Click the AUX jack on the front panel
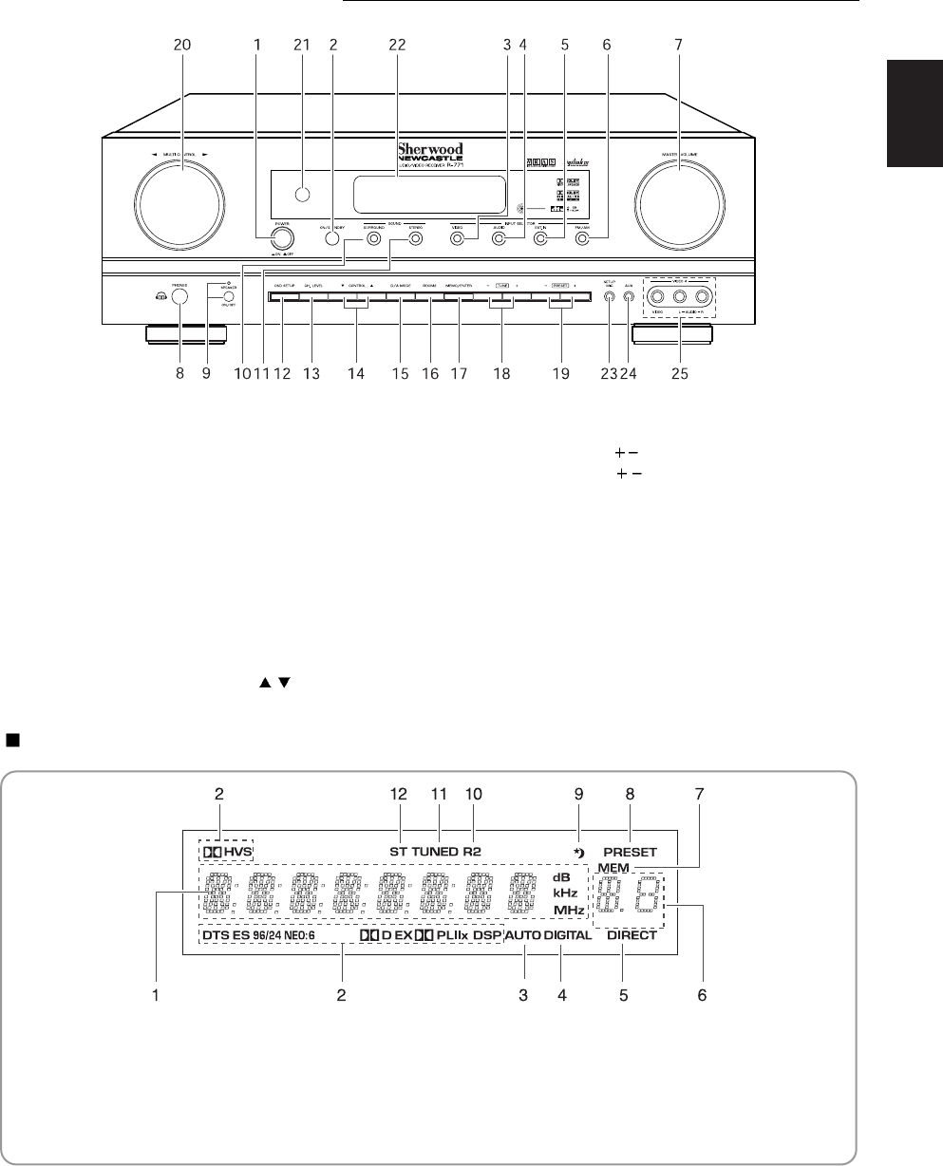point(628,295)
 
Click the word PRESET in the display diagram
point(629,852)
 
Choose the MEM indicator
point(613,869)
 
